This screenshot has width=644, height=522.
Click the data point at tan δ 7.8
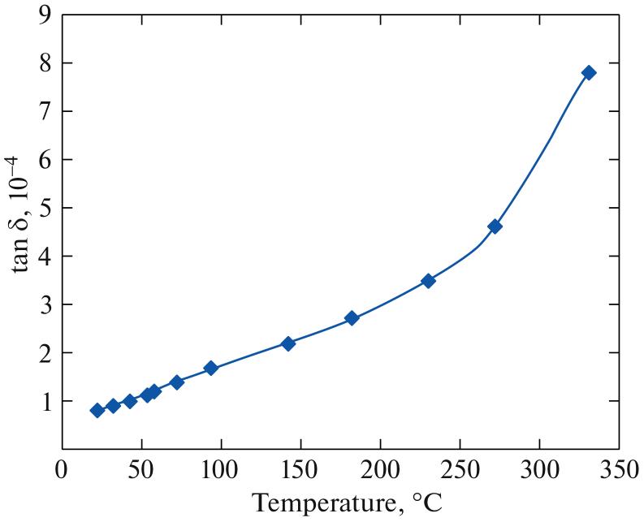coord(589,72)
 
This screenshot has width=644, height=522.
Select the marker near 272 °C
coord(495,226)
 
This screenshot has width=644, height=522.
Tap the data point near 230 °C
coord(428,281)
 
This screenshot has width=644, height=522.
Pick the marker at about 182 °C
coord(352,318)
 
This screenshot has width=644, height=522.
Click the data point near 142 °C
coord(287,343)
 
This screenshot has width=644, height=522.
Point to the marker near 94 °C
coord(211,368)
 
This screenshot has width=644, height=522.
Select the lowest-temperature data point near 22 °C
coord(97,410)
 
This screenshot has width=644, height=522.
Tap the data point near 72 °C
coord(176,382)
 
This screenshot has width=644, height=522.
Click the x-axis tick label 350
coord(619,472)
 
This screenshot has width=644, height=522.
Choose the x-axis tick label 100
coord(221,472)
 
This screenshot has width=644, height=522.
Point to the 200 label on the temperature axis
coord(380,472)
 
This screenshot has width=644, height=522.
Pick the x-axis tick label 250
coord(460,472)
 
